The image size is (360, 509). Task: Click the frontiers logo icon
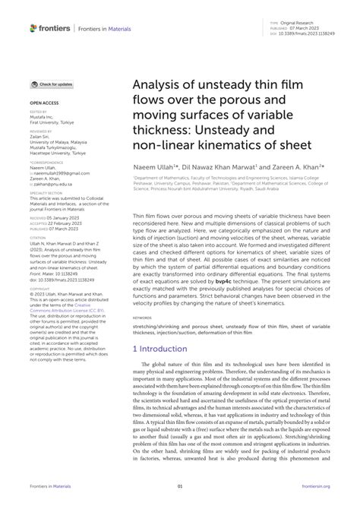point(34,28)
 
